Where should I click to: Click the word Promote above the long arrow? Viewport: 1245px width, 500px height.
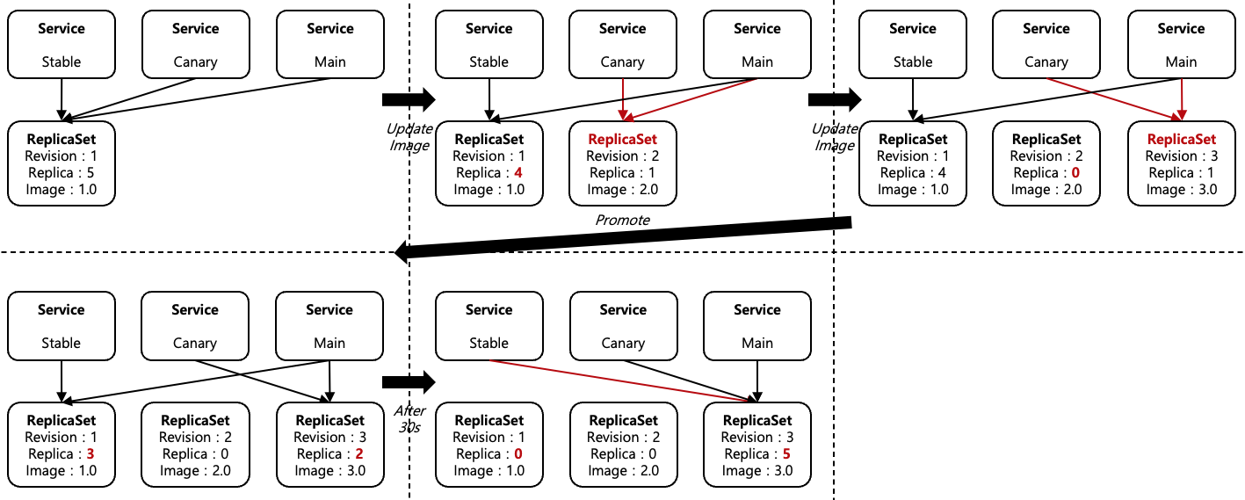tap(622, 220)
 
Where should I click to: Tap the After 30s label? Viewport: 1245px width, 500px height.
tap(409, 418)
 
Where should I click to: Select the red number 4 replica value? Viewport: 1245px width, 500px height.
tap(518, 173)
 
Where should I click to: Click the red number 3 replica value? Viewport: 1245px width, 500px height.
tap(90, 454)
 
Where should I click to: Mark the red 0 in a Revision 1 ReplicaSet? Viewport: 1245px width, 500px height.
tap(518, 454)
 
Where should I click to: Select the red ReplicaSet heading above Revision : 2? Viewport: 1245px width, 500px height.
tap(622, 139)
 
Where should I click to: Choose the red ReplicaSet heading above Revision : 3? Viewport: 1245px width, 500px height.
tap(1182, 139)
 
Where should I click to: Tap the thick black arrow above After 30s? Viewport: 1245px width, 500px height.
tap(409, 381)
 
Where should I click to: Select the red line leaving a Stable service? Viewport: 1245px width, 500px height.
tap(615, 379)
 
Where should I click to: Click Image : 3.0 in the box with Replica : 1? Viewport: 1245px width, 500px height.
tap(1181, 190)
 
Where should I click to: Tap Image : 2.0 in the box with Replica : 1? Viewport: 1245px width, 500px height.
tap(622, 190)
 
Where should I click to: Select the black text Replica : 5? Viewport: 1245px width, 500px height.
tap(61, 173)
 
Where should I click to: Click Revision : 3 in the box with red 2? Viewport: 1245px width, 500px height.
tap(329, 438)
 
